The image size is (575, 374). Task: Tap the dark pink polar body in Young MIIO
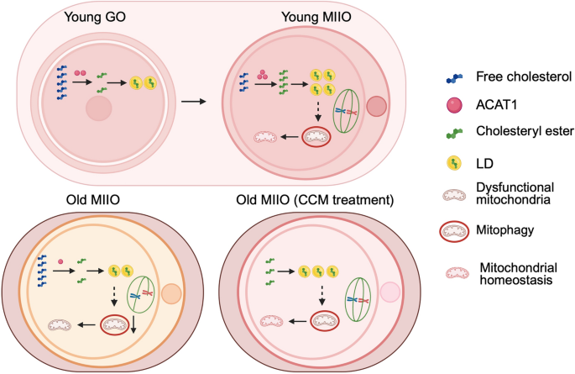377,106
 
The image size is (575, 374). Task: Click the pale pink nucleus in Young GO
100,108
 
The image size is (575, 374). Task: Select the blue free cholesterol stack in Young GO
61,82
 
